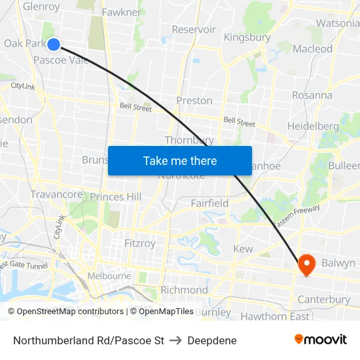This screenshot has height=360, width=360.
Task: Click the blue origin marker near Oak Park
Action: (x=54, y=44)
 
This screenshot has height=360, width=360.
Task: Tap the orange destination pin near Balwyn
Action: (x=306, y=264)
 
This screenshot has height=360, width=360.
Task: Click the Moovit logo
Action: (x=321, y=340)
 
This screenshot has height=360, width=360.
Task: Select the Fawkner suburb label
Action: (x=121, y=12)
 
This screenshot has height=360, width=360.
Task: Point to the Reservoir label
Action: (x=193, y=29)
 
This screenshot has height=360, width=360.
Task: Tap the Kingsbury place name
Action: (x=247, y=37)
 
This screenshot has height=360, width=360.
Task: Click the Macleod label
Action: (x=312, y=48)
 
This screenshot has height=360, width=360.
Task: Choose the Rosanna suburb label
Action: (x=312, y=95)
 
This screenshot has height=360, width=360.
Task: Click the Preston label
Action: (x=194, y=101)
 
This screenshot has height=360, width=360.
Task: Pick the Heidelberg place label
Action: (x=313, y=126)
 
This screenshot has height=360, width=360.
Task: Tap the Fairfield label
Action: (x=209, y=204)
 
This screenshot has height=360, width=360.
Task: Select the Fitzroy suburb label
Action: (x=140, y=243)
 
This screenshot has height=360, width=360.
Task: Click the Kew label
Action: (x=243, y=249)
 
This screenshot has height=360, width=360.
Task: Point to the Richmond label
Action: (x=184, y=290)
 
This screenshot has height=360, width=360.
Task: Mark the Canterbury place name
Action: (x=323, y=300)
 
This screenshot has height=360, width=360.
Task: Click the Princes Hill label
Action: (x=115, y=197)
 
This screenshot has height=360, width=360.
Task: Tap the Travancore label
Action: (x=56, y=194)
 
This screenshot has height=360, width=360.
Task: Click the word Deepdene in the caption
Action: (x=211, y=340)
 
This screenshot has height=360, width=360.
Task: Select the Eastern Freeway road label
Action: (x=297, y=217)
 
